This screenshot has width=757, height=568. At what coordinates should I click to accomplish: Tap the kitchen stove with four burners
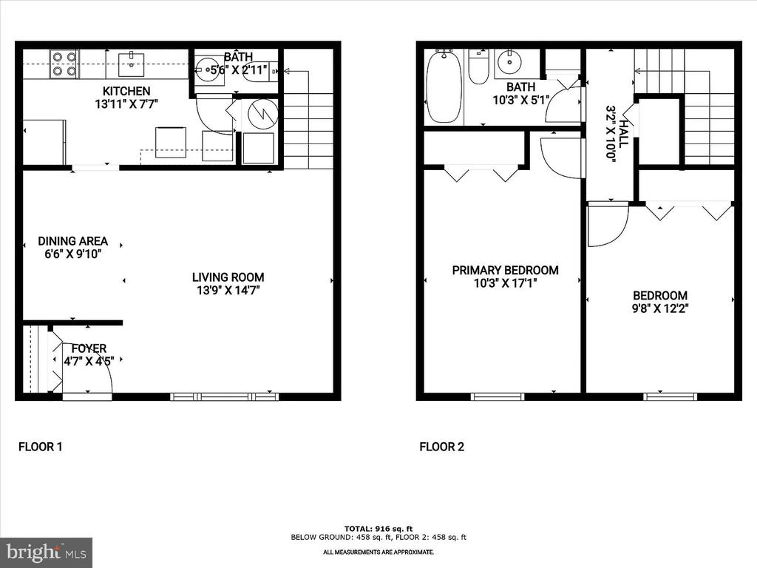tap(64, 64)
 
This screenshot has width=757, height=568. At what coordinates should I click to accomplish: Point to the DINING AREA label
tap(73, 241)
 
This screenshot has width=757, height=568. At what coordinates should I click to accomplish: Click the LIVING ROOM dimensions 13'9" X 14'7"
tap(228, 290)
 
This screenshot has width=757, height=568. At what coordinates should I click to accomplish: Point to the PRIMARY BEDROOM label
tap(506, 271)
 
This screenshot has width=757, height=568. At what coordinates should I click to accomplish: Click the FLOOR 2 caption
tap(441, 447)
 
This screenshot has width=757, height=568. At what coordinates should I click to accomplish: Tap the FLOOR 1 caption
tap(41, 447)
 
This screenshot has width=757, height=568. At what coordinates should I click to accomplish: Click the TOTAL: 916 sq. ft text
tap(378, 527)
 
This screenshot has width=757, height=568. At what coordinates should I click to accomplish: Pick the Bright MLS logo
tap(46, 552)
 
